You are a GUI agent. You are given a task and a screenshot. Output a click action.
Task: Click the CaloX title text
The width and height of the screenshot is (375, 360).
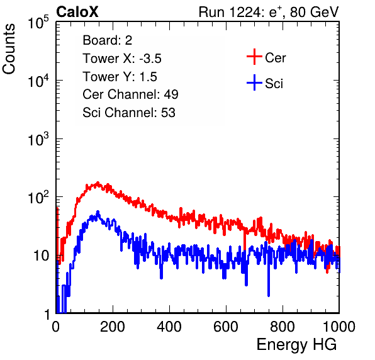point(77,12)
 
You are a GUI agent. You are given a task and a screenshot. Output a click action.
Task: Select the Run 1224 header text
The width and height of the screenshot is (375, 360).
point(269,12)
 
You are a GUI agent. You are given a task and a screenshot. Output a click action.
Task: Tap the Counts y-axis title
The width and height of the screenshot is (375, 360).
point(9,48)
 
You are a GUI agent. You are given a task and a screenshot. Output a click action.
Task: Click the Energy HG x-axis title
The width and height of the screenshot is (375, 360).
point(296,344)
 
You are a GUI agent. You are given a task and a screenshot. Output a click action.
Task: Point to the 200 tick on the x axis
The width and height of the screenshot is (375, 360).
point(113,327)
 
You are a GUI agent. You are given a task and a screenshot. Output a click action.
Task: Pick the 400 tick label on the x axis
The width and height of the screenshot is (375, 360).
point(169,327)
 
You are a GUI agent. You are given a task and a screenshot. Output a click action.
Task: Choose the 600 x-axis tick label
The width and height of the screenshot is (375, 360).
point(226,327)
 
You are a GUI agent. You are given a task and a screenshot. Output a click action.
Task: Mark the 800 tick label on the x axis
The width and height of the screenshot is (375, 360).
point(283,327)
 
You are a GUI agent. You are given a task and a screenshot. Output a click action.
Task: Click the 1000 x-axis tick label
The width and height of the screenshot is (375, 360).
point(339,327)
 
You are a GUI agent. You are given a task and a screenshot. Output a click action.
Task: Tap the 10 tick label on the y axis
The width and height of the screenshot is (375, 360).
point(41,256)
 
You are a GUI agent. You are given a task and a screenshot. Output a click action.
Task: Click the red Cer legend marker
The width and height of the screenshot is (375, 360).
point(254,57)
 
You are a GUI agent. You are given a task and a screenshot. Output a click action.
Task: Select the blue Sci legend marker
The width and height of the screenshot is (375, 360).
point(254,82)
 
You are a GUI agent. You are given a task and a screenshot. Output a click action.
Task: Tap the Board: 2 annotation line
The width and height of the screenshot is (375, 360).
point(108,40)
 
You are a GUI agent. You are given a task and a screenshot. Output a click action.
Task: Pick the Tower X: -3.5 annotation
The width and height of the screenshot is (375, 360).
point(122,59)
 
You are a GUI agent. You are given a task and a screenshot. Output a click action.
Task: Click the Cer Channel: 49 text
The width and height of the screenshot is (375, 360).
point(130,94)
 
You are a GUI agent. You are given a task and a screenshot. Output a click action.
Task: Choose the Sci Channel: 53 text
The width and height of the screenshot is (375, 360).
point(129,113)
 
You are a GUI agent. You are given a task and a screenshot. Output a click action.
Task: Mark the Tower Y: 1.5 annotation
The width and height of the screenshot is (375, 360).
point(120,77)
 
